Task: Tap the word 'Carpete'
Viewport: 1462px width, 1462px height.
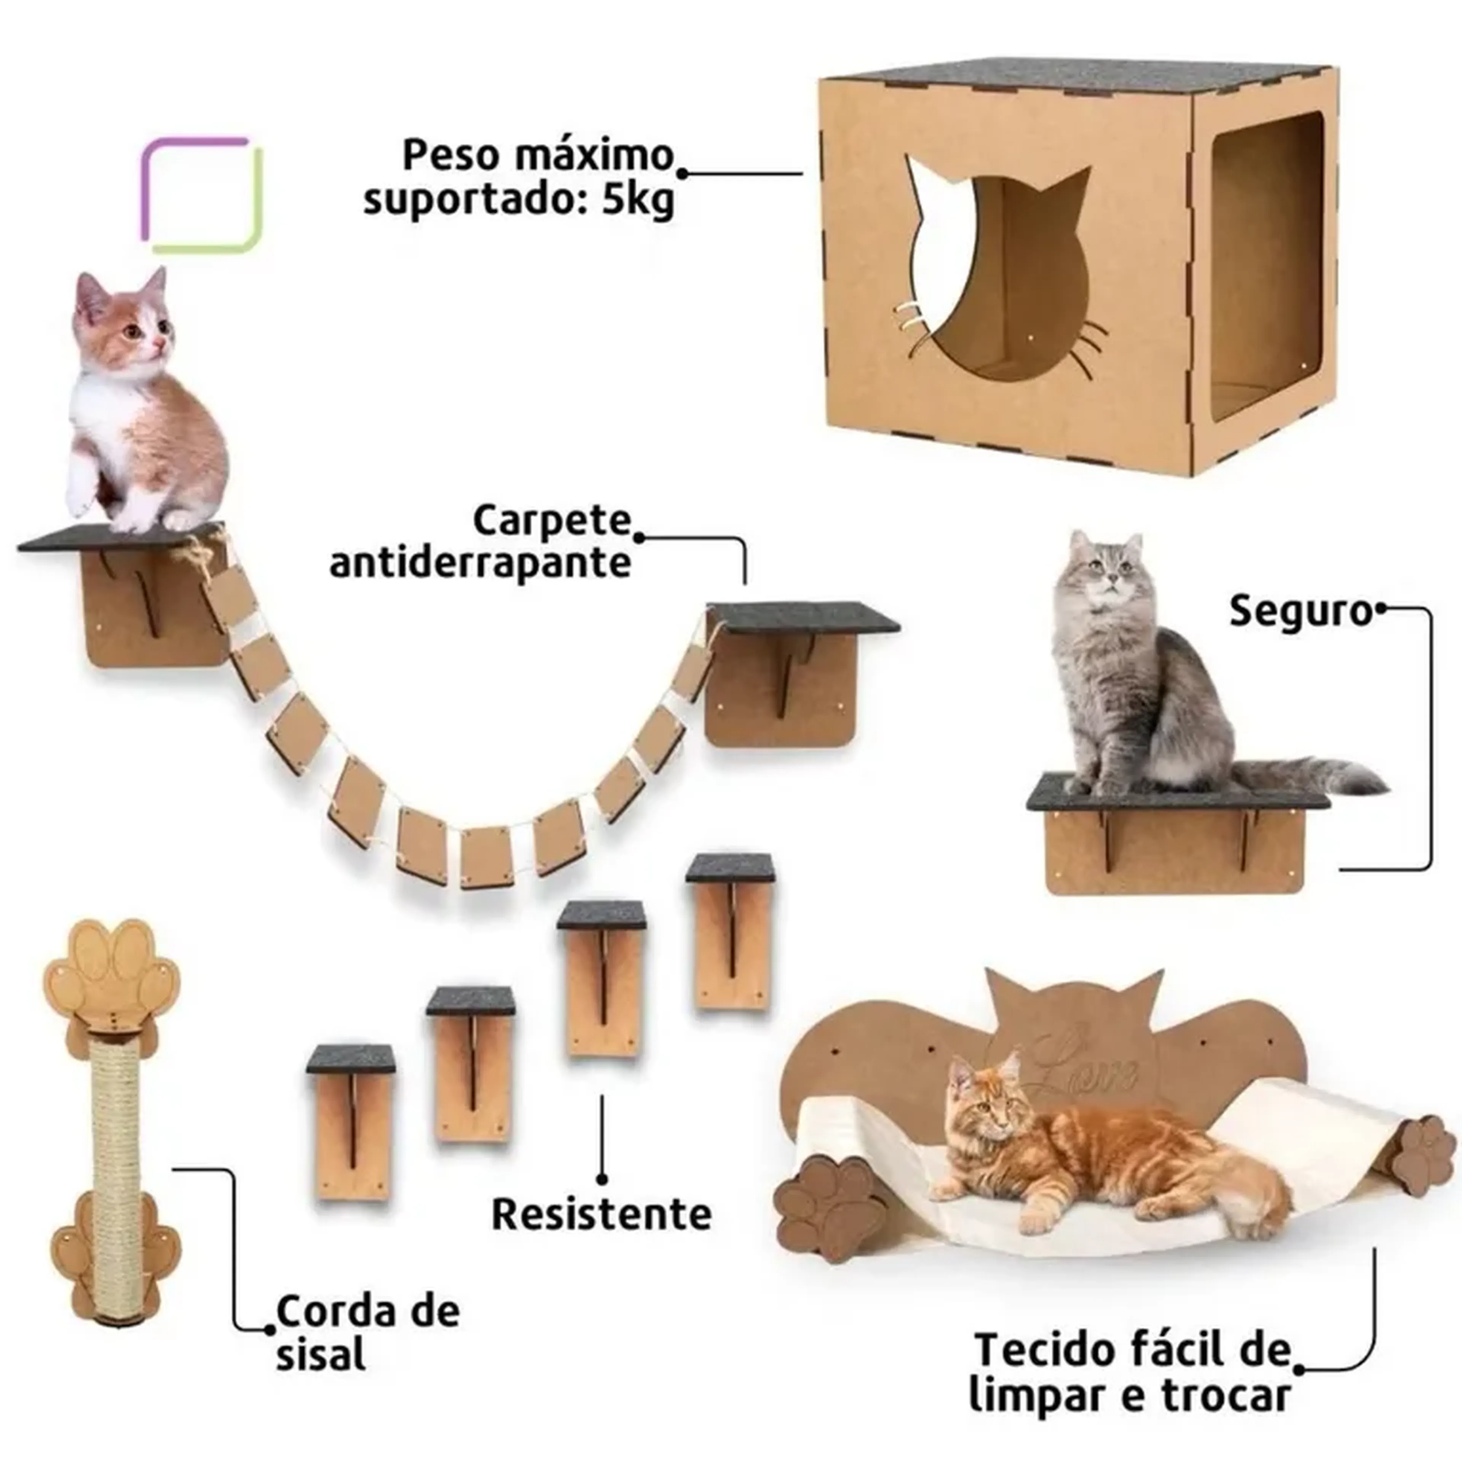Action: point(552,520)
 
